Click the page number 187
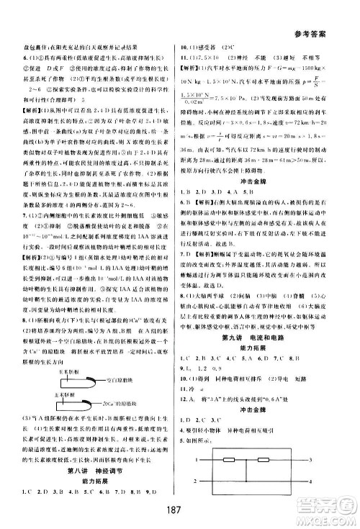(179, 509)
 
